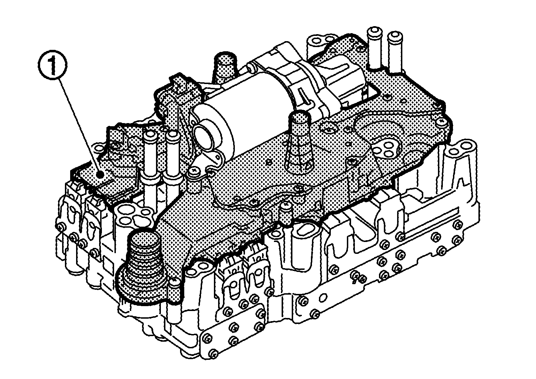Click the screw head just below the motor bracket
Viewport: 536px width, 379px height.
(x=193, y=173)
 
